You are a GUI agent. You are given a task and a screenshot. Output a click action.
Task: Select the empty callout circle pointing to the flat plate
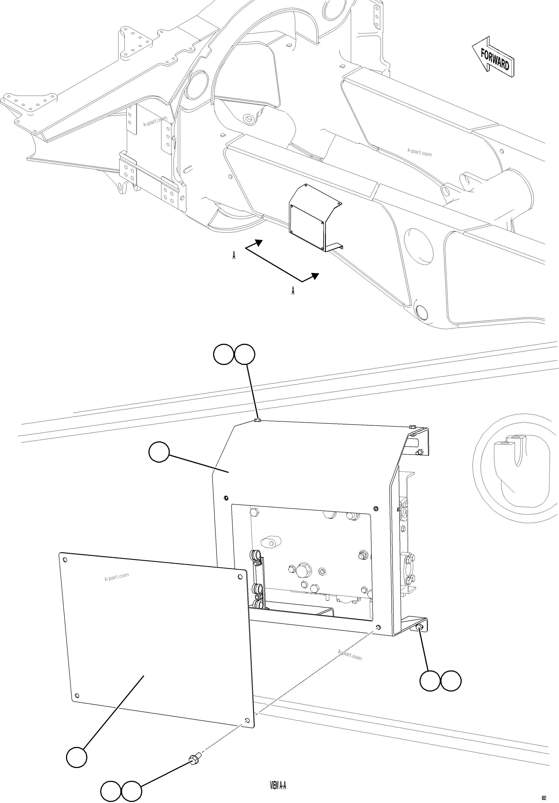pos(76,758)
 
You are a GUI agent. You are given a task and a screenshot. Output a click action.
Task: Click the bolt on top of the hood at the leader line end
pos(258,420)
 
